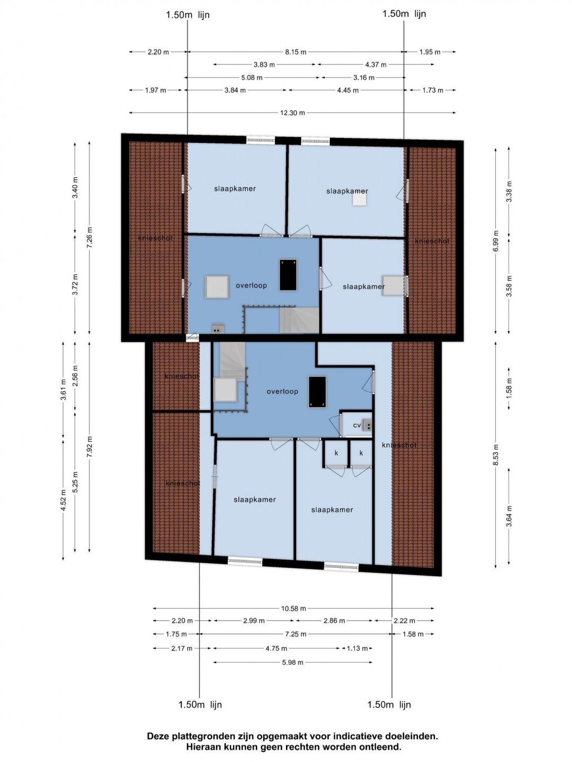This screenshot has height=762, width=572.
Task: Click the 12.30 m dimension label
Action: pos(292,113)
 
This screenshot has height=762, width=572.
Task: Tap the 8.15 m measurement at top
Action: pos(296,52)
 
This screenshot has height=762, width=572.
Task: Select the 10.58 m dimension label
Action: pos(294,608)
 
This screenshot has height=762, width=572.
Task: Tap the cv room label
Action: pos(356,425)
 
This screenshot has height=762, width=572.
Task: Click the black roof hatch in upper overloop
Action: pos(288,275)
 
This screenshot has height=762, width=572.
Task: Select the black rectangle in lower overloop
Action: pos(317,392)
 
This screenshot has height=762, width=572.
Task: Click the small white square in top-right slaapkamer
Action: pos(360,199)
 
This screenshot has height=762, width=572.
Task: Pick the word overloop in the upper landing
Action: pos(251,285)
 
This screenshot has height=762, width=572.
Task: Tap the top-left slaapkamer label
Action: pos(235,189)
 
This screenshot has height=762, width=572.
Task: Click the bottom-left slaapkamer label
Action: pos(255,500)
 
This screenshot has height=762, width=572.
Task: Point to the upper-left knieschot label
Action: pos(155,238)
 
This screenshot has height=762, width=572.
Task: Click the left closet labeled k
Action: pos(336,453)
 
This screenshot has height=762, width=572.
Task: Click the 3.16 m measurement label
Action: pos(364,78)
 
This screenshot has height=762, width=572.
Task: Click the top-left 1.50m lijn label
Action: pos(188,15)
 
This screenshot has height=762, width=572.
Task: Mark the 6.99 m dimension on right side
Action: pos(496,241)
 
